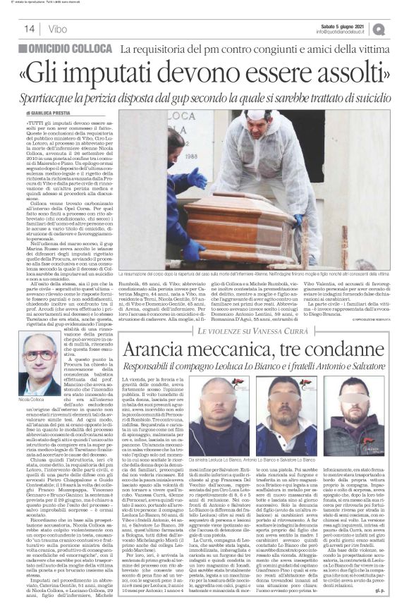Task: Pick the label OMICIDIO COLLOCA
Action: click(x=67, y=49)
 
